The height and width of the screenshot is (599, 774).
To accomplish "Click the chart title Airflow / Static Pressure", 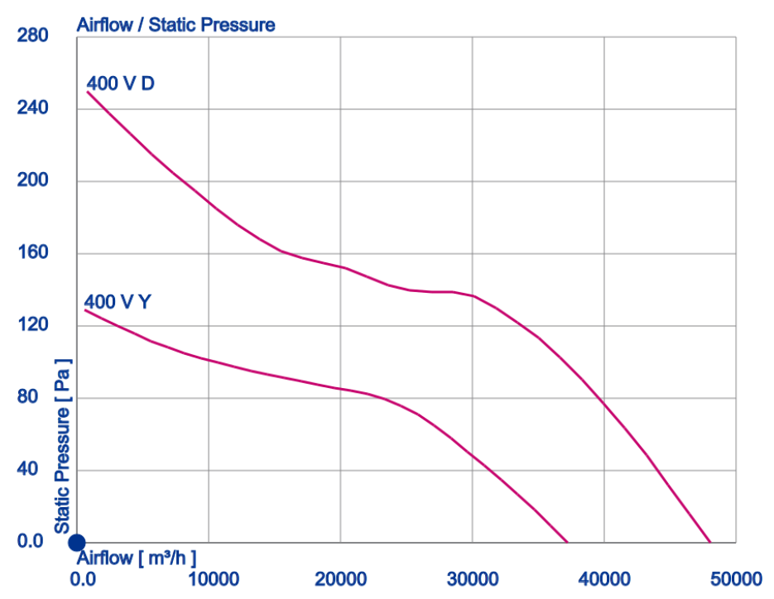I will coord(175,25).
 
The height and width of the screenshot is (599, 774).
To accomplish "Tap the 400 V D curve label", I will coord(120,84).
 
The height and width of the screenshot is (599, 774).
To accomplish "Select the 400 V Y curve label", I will coord(118,302).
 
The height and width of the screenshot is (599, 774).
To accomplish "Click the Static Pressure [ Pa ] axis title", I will coord(62,447).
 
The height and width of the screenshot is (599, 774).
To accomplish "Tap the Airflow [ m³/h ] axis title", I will coord(137,557).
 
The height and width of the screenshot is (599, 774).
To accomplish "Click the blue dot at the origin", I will coord(76,543).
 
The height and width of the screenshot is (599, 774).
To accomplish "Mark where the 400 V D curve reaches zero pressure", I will coord(710,542).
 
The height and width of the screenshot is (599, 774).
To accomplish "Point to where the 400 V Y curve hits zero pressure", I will coord(568,542).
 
